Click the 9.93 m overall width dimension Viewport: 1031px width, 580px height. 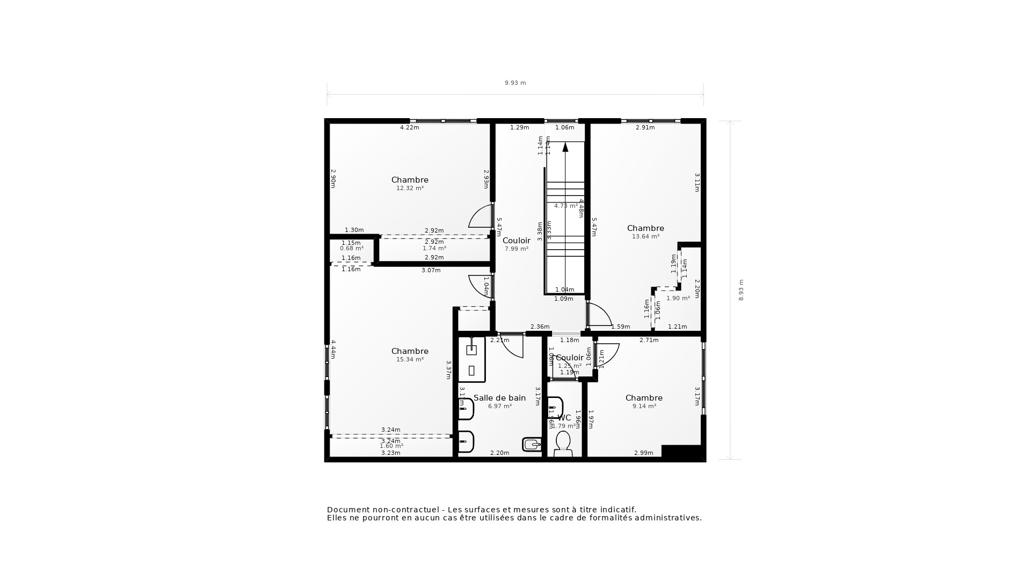515,83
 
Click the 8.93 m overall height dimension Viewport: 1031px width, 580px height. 741,289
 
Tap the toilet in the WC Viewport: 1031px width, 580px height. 563,444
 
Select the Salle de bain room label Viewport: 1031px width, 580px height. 499,398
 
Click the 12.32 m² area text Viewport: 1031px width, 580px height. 410,189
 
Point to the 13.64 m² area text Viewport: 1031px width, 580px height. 645,237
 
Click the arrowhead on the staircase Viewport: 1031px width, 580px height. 565,147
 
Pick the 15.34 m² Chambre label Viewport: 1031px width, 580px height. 410,351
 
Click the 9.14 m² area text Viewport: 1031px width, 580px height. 644,407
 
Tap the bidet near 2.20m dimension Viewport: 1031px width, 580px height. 532,444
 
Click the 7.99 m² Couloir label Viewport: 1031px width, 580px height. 516,241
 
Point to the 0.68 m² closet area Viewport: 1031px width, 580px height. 351,249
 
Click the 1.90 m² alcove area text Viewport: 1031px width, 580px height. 678,299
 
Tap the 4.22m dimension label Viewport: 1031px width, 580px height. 409,128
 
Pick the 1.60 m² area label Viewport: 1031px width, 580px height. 391,446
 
